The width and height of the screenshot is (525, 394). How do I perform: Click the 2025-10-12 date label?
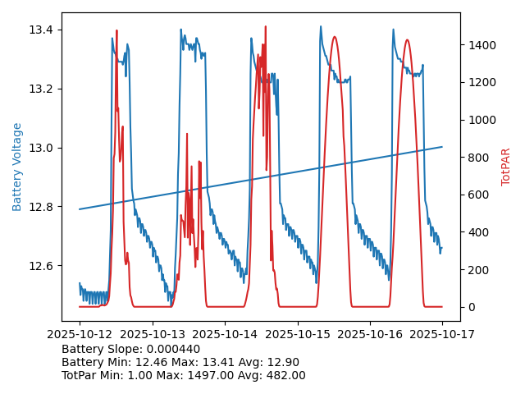click(x=80, y=334)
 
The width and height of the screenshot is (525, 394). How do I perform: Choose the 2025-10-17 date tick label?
click(x=442, y=334)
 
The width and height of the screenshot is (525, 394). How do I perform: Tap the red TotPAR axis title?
click(x=506, y=167)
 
